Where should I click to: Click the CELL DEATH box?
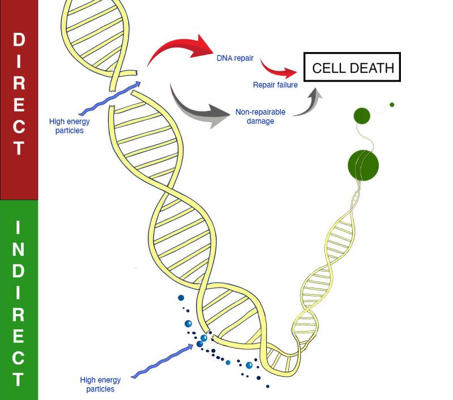coord(352,68)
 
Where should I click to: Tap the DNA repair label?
coord(235,58)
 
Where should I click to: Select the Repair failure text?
coord(275,85)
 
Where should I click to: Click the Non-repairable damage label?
coord(260,117)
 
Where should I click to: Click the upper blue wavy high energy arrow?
coord(110,99)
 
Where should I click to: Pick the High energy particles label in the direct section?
coord(70,126)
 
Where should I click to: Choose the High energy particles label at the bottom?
coord(100,384)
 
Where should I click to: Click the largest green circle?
coord(363,165)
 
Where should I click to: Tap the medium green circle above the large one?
coord(362,115)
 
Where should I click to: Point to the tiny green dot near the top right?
coord(391,105)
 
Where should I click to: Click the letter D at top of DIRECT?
coord(19,40)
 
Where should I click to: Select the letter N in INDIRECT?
coord(19,250)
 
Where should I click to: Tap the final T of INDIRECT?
coord(19,379)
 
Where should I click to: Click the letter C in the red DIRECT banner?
coord(19,126)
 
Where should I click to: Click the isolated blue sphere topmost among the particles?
coord(181,298)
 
